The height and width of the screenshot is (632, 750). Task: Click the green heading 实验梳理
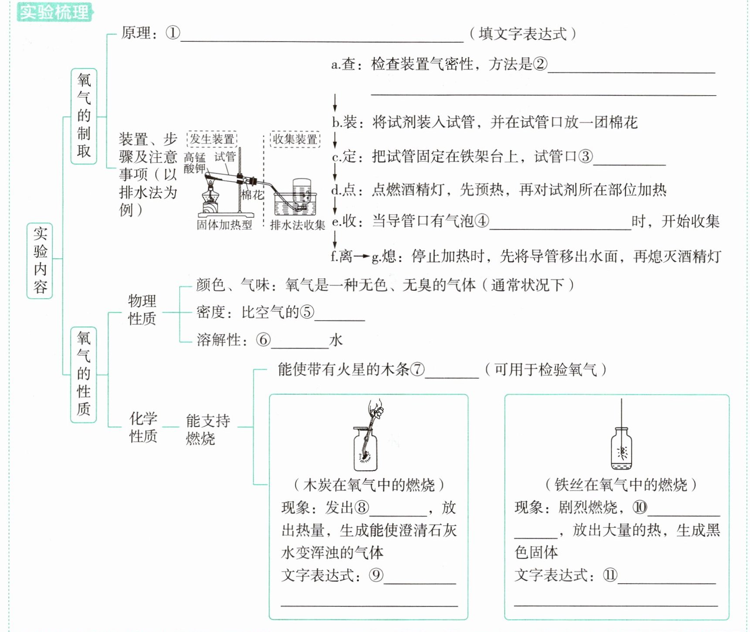55,12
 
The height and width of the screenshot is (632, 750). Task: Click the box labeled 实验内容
40,261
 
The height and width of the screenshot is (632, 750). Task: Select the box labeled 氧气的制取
84,116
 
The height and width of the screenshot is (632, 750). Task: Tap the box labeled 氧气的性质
83,375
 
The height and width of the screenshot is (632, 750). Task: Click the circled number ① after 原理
173,33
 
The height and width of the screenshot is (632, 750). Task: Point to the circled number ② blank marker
540,64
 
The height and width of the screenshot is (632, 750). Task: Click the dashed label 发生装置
212,139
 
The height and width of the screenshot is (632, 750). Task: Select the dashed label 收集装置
295,139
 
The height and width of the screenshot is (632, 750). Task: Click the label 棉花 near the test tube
252,195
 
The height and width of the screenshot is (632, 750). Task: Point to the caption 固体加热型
224,225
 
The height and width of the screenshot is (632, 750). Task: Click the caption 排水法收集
298,225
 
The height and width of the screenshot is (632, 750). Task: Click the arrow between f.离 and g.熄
361,256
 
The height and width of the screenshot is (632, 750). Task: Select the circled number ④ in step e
481,221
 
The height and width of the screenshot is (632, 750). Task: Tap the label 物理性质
142,310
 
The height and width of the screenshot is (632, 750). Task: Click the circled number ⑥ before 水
263,340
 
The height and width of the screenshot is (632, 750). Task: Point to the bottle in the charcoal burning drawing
365,449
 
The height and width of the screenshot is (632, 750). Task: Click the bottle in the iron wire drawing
621,449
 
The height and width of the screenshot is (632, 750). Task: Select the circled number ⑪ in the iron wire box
610,575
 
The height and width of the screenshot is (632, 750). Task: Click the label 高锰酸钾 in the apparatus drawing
194,163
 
